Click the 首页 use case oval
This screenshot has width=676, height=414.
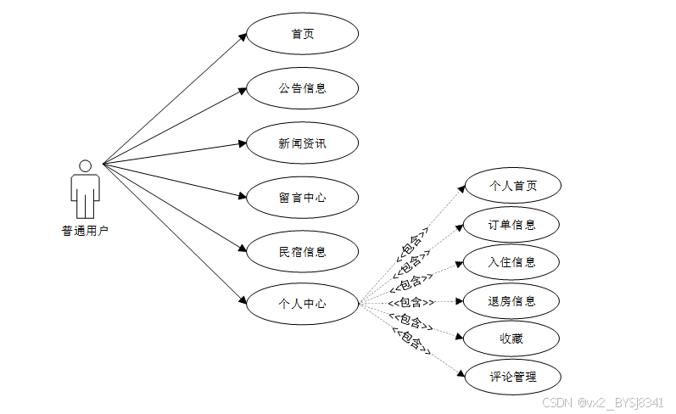pyautogui.click(x=302, y=34)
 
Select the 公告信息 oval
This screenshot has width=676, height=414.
pyautogui.click(x=302, y=88)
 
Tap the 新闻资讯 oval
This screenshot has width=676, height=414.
pyautogui.click(x=302, y=143)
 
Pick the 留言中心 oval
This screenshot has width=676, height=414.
pyautogui.click(x=302, y=198)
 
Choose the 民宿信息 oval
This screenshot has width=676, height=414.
pyautogui.click(x=302, y=251)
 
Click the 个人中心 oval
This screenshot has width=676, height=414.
pyautogui.click(x=302, y=303)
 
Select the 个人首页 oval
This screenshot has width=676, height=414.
pyautogui.click(x=512, y=186)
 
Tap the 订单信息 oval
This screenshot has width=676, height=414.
pyautogui.click(x=512, y=225)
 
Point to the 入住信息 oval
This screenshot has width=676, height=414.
pyautogui.click(x=512, y=262)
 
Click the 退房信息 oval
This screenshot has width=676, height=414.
pyautogui.click(x=512, y=301)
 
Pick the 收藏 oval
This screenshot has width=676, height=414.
pyautogui.click(x=512, y=339)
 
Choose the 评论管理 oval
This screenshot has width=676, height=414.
pyautogui.click(x=512, y=377)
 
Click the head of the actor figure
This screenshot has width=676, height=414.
pyautogui.click(x=85, y=165)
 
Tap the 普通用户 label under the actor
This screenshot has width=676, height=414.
pyautogui.click(x=85, y=231)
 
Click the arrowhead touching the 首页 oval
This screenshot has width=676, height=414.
pyautogui.click(x=242, y=37)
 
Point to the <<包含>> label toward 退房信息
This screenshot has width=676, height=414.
pyautogui.click(x=411, y=302)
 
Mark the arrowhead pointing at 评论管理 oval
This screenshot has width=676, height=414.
pyautogui.click(x=461, y=373)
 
